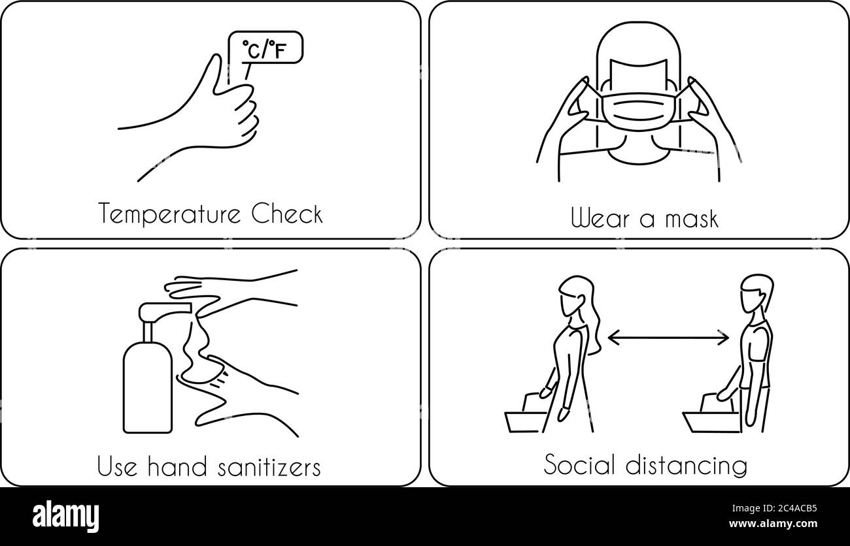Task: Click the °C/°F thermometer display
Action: (x=265, y=47)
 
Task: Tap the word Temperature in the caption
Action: (x=169, y=214)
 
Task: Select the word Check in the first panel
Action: (x=287, y=214)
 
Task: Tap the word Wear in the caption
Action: (x=600, y=218)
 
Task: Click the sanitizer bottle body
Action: (x=148, y=387)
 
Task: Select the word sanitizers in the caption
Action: (x=269, y=467)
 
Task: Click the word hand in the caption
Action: (x=177, y=466)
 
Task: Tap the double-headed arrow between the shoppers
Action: (x=668, y=338)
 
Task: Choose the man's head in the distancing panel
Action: (x=756, y=294)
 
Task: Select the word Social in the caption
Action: (x=579, y=464)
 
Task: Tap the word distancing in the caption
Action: (x=687, y=466)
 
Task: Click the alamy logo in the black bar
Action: (x=65, y=517)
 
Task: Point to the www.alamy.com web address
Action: (x=773, y=524)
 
